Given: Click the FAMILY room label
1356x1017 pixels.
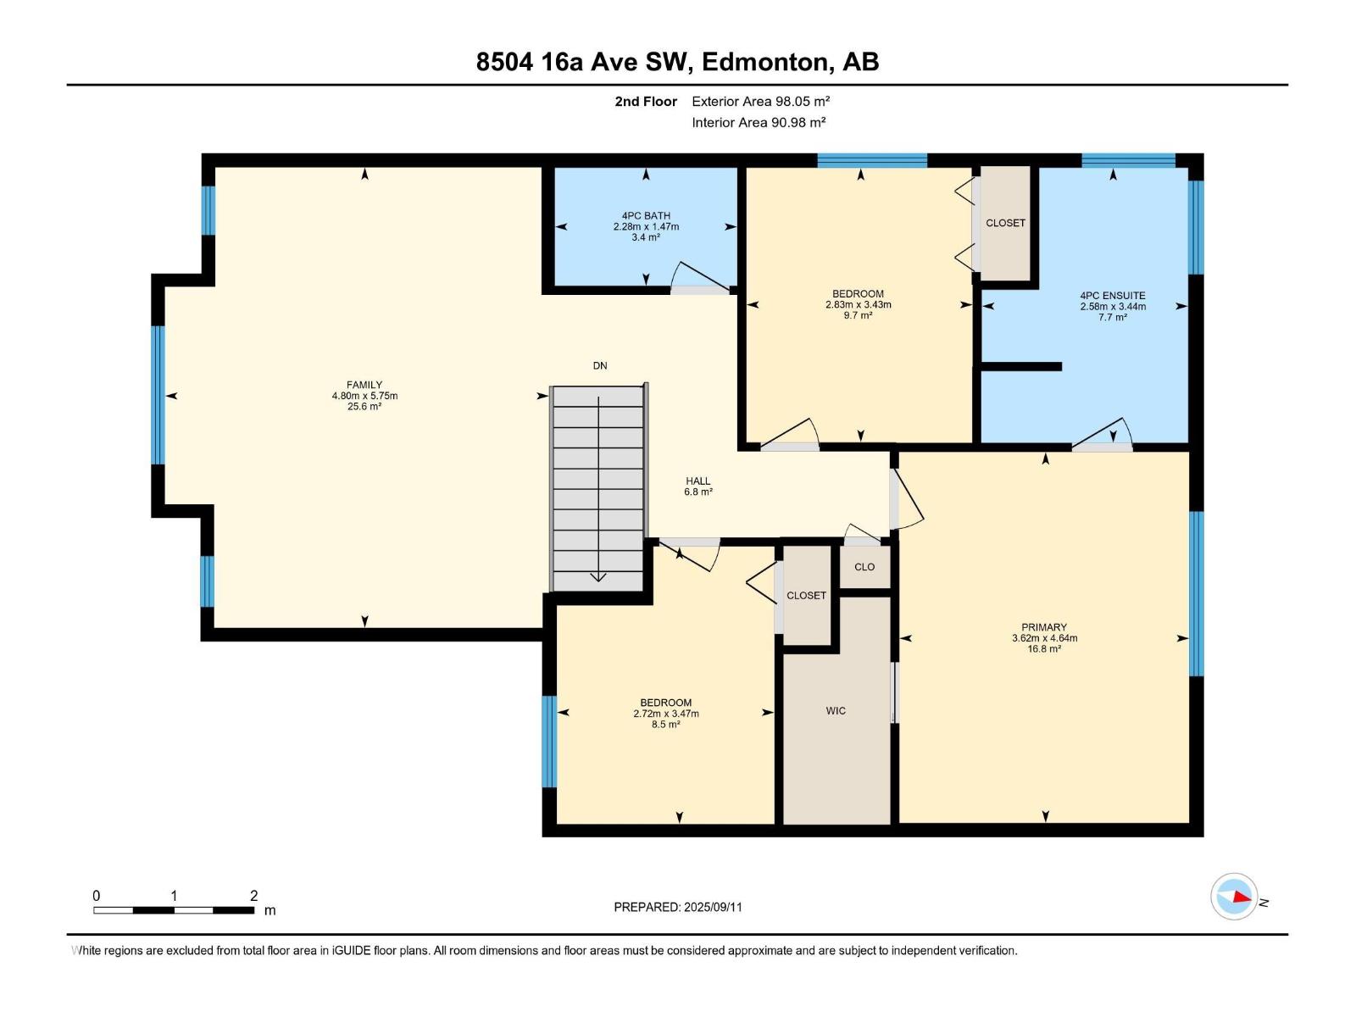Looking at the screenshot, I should [364, 385].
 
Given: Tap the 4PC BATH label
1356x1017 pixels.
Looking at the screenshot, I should [646, 216].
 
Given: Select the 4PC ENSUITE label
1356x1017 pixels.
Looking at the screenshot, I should [1112, 296].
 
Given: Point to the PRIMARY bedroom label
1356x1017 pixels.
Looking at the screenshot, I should [1044, 627].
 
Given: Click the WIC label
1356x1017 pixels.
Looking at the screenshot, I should [836, 711].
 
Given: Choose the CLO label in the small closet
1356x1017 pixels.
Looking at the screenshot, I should [864, 567].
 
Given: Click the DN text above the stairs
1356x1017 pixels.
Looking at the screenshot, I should [600, 366].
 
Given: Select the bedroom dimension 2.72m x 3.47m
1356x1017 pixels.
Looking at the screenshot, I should [666, 714].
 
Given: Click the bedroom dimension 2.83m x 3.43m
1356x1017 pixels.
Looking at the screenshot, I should [858, 305].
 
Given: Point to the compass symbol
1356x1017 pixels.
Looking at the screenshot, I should [1234, 897].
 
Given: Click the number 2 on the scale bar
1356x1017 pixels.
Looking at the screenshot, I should [253, 896].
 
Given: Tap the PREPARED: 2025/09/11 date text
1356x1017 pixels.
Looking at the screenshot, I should [678, 907].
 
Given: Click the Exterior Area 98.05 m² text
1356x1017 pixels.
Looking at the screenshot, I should [760, 101].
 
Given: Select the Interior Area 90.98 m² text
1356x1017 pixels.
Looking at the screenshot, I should [759, 122].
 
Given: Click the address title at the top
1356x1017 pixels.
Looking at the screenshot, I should [677, 62].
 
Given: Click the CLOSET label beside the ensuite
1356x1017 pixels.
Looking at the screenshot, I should [1005, 223].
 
